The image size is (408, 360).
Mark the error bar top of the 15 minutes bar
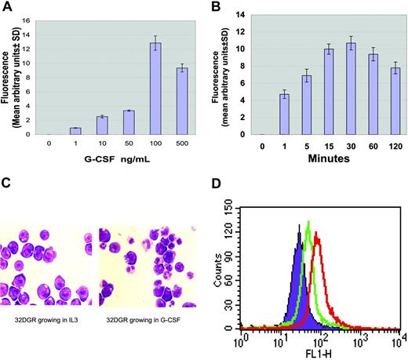click(x=313, y=44)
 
